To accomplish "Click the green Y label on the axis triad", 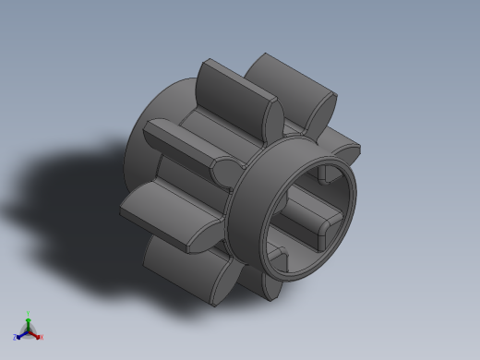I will pos(29,314).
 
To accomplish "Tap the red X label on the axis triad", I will pos(42,337).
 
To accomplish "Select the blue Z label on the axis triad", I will pos(16,338).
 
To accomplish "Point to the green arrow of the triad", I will pos(29,322).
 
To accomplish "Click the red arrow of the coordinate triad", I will pos(36,334).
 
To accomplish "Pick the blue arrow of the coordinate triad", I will pos(21,334).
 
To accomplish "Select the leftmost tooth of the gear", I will pos(166,210).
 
